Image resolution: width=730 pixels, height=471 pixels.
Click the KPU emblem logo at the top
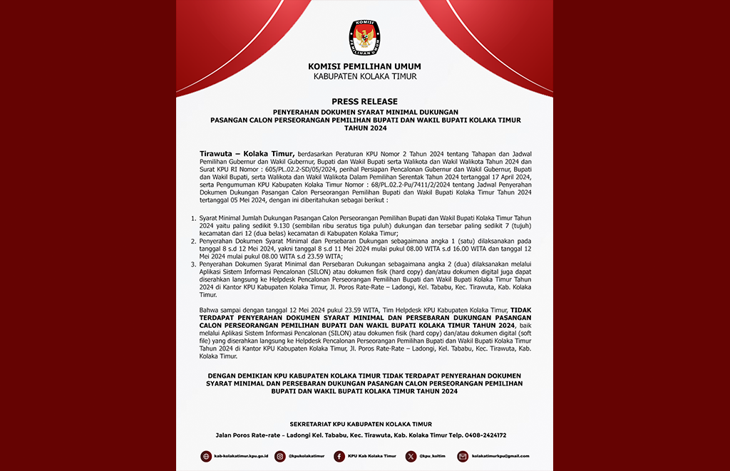[364, 38]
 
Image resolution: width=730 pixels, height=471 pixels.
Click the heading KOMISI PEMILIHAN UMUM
[364, 67]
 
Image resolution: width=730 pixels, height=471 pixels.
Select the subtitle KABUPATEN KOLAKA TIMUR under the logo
[364, 76]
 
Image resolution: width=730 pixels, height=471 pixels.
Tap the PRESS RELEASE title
[364, 102]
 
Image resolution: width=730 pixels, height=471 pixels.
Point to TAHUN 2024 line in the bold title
[364, 128]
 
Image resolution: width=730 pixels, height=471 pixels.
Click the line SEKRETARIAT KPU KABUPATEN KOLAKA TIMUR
[364, 424]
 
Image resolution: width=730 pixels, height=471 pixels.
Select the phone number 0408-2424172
[485, 435]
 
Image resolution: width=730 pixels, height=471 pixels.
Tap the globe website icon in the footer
[207, 456]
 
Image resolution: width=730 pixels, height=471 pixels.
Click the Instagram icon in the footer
[280, 456]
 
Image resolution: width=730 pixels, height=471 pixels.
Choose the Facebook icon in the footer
[339, 456]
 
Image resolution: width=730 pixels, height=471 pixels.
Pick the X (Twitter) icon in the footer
[411, 456]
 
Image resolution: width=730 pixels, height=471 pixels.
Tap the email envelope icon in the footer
[463, 456]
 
